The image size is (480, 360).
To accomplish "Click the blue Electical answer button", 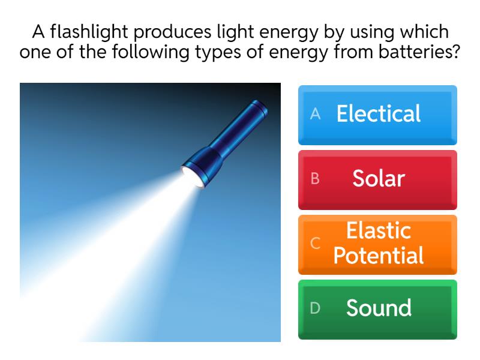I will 377,115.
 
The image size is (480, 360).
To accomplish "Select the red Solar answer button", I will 377,179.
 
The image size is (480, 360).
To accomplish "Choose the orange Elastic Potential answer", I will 377,244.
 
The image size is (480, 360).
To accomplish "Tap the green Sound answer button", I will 377,309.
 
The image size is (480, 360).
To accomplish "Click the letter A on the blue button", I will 316,114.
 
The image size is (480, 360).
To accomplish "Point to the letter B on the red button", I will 315,179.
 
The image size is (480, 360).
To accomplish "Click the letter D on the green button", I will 315,308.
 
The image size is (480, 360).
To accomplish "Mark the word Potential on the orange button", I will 379,256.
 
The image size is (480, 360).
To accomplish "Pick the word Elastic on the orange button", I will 379,231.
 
